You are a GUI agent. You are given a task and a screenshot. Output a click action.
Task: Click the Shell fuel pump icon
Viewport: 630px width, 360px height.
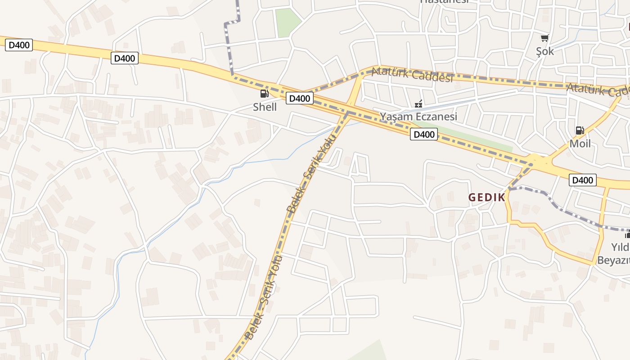(x=264, y=94)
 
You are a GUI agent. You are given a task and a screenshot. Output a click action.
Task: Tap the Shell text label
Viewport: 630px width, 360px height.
(x=265, y=107)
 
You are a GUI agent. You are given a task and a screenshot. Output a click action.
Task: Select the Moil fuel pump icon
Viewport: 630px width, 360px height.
(x=580, y=131)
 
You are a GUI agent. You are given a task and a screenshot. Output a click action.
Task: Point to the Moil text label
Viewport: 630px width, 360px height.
(x=580, y=144)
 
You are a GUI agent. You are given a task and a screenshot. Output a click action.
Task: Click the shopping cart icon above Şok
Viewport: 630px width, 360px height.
(x=545, y=38)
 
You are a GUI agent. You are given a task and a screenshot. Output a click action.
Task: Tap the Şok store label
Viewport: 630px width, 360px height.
(x=545, y=51)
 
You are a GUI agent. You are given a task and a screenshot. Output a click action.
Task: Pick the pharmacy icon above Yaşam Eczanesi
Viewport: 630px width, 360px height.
(x=418, y=104)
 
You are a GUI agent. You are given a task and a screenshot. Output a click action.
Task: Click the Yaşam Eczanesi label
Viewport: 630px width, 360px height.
(x=418, y=117)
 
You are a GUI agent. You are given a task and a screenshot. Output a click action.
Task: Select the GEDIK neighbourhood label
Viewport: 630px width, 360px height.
(x=487, y=198)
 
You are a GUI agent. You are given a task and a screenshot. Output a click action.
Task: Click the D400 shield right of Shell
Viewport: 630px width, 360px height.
(x=299, y=98)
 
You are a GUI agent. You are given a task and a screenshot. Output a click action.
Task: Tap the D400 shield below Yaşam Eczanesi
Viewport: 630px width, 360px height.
(x=423, y=134)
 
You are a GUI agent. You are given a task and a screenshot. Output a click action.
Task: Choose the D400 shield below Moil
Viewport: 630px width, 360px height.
(x=583, y=180)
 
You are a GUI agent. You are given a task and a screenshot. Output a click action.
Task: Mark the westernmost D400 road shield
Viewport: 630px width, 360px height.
(x=19, y=45)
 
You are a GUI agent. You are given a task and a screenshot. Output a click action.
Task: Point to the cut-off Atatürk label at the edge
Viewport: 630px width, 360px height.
(x=598, y=90)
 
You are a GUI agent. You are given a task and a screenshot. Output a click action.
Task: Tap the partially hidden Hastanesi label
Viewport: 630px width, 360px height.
(x=444, y=2)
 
